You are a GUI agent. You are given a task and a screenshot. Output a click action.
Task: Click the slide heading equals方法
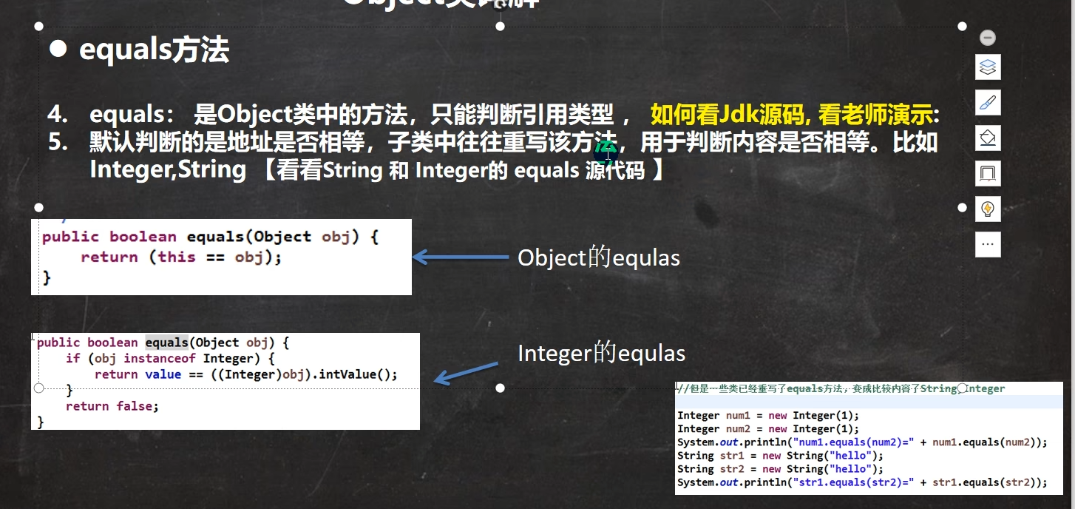[x=154, y=50]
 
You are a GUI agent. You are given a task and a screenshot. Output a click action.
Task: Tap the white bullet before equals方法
[x=58, y=50]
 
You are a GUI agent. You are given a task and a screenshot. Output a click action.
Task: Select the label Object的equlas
[x=598, y=257]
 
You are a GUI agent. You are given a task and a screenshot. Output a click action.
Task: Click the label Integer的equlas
[x=601, y=354]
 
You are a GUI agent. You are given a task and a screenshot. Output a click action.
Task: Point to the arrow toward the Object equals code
[x=460, y=257]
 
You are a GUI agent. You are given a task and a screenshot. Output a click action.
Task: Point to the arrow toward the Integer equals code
[x=465, y=373]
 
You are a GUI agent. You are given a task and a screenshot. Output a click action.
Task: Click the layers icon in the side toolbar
[x=988, y=67]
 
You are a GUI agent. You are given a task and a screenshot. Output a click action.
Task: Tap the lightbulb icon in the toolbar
[x=988, y=209]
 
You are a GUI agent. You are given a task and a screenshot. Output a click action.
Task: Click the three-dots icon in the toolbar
[x=988, y=243]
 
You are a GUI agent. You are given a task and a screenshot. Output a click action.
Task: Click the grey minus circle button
[x=988, y=38]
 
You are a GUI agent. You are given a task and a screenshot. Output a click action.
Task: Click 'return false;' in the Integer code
[x=112, y=406]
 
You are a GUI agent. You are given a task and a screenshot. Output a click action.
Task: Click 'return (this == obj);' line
[x=181, y=257]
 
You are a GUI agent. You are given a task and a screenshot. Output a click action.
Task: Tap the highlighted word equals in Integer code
[x=166, y=343]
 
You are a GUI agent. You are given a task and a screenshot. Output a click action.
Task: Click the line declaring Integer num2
[x=767, y=429]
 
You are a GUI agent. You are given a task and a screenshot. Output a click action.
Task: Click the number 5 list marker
[x=58, y=142]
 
